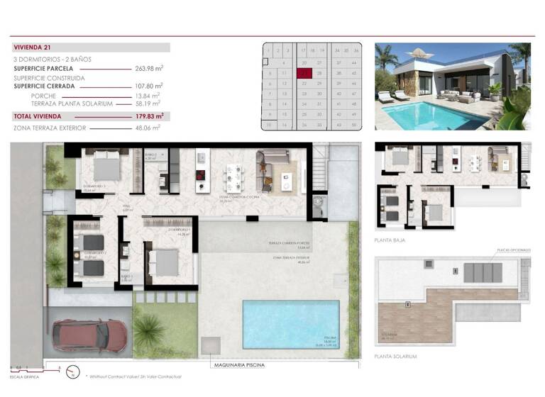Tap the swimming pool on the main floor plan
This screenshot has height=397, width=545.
pyautogui.click(x=290, y=323)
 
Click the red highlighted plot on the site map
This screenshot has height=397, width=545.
pyautogui.click(x=305, y=72)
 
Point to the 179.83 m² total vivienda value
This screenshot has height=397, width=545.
pyautogui.click(x=149, y=116)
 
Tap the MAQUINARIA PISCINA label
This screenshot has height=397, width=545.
pyautogui.click(x=238, y=365)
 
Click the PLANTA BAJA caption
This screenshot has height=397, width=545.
pyautogui.click(x=390, y=241)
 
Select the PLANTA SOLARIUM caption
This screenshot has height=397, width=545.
pyautogui.click(x=395, y=357)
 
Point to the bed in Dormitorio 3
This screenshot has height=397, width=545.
pyautogui.click(x=108, y=167)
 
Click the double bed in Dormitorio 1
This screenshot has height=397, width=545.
pyautogui.click(x=165, y=262)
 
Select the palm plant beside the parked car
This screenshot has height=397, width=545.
pyautogui.click(x=149, y=329)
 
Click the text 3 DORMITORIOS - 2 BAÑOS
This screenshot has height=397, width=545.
pyautogui.click(x=52, y=59)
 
